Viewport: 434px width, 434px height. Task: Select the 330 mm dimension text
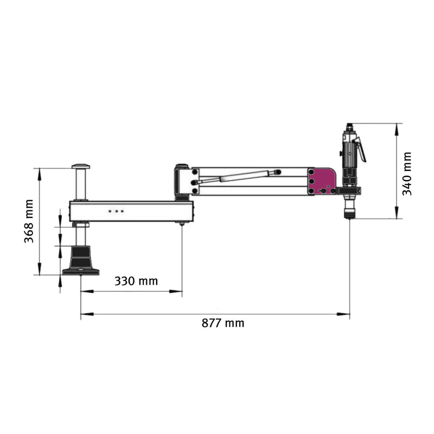pyautogui.click(x=136, y=281)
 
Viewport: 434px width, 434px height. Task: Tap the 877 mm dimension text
pyautogui.click(x=223, y=323)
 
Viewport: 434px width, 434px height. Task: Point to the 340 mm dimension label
pyautogui.click(x=407, y=174)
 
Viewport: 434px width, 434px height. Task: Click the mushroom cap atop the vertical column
pyautogui.click(x=81, y=167)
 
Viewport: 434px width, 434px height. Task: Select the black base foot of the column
pyautogui.click(x=81, y=261)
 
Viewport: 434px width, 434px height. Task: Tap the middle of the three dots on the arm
pyautogui.click(x=116, y=210)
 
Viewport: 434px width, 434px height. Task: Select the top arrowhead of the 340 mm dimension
pyautogui.click(x=397, y=129)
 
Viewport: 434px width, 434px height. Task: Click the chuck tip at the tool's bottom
pyautogui.click(x=349, y=214)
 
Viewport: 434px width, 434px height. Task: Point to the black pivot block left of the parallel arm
pyautogui.click(x=181, y=182)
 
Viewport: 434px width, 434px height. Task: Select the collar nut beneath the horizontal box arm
pyautogui.click(x=81, y=225)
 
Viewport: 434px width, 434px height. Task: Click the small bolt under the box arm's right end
pyautogui.click(x=182, y=224)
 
